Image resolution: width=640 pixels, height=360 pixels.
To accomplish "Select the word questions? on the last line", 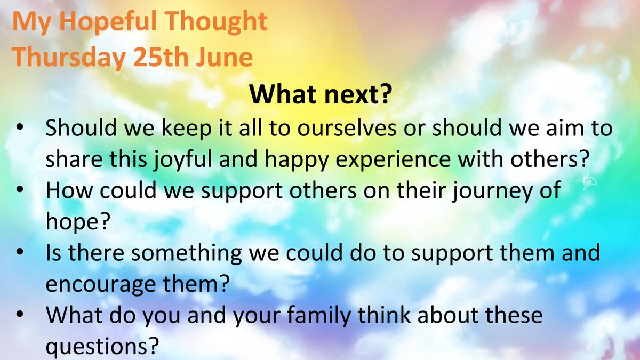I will point(102,346).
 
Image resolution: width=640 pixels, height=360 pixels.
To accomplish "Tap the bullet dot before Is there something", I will point(20,253).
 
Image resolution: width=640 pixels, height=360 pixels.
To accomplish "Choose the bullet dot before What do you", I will point(20,316).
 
